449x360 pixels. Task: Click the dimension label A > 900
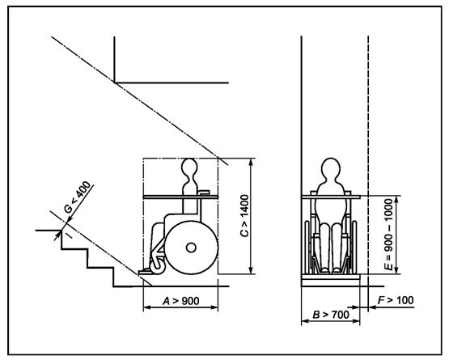pyautogui.click(x=181, y=301)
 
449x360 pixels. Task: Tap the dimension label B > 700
pyautogui.click(x=331, y=315)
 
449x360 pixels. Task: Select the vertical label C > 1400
pyautogui.click(x=244, y=216)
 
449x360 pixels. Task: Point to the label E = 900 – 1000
pyautogui.click(x=389, y=235)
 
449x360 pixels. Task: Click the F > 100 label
pyautogui.click(x=396, y=300)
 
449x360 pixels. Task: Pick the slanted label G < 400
pyautogui.click(x=78, y=197)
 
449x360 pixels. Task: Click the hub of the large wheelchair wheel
pyautogui.click(x=191, y=248)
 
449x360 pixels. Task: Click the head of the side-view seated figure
pyautogui.click(x=189, y=167)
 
